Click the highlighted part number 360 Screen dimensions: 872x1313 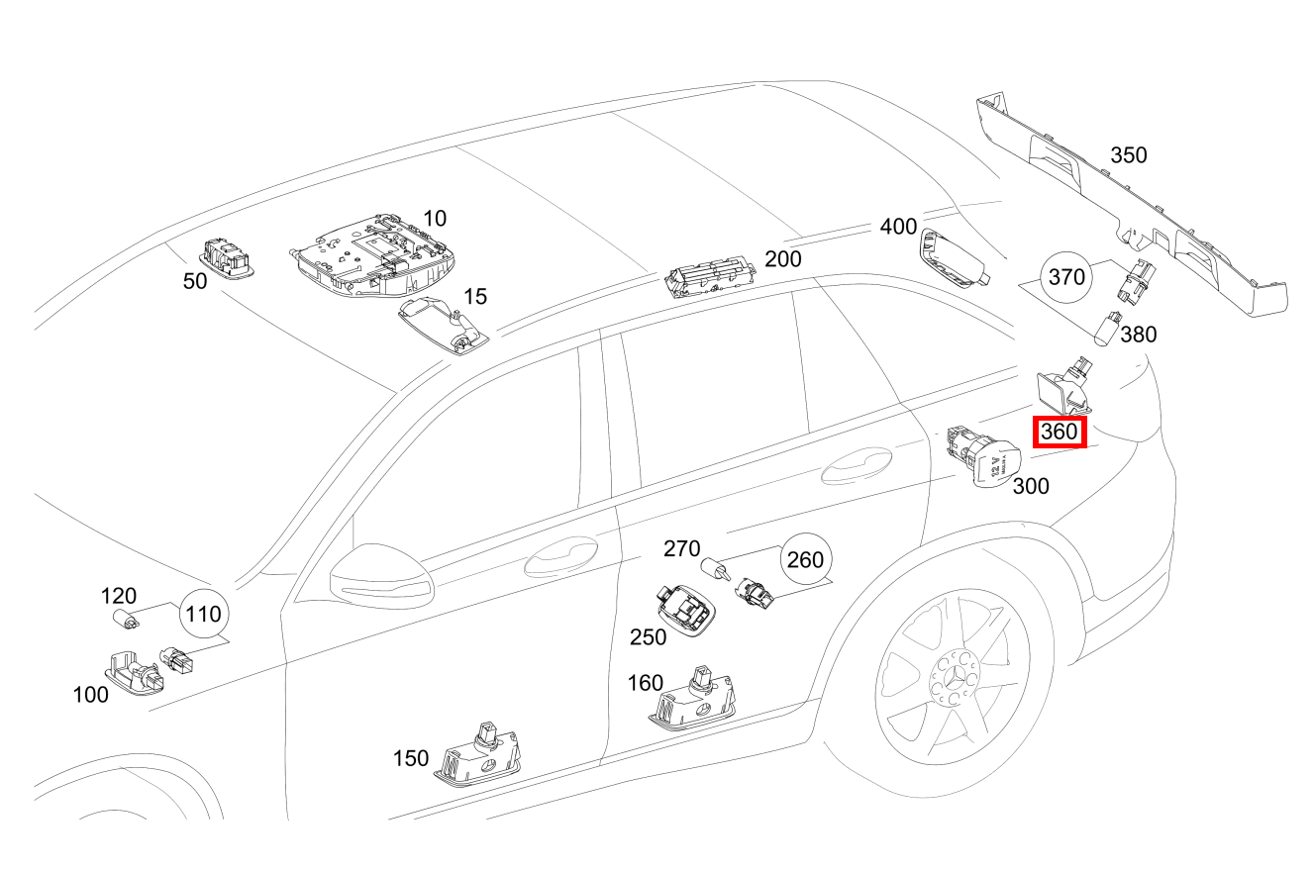(1060, 433)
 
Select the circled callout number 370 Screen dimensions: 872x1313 (1066, 277)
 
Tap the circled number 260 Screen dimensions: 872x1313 (804, 560)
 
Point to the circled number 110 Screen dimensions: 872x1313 (202, 615)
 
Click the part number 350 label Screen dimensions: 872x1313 (1128, 155)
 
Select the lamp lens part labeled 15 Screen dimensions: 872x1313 (445, 324)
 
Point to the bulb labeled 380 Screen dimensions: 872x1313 (1108, 329)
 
